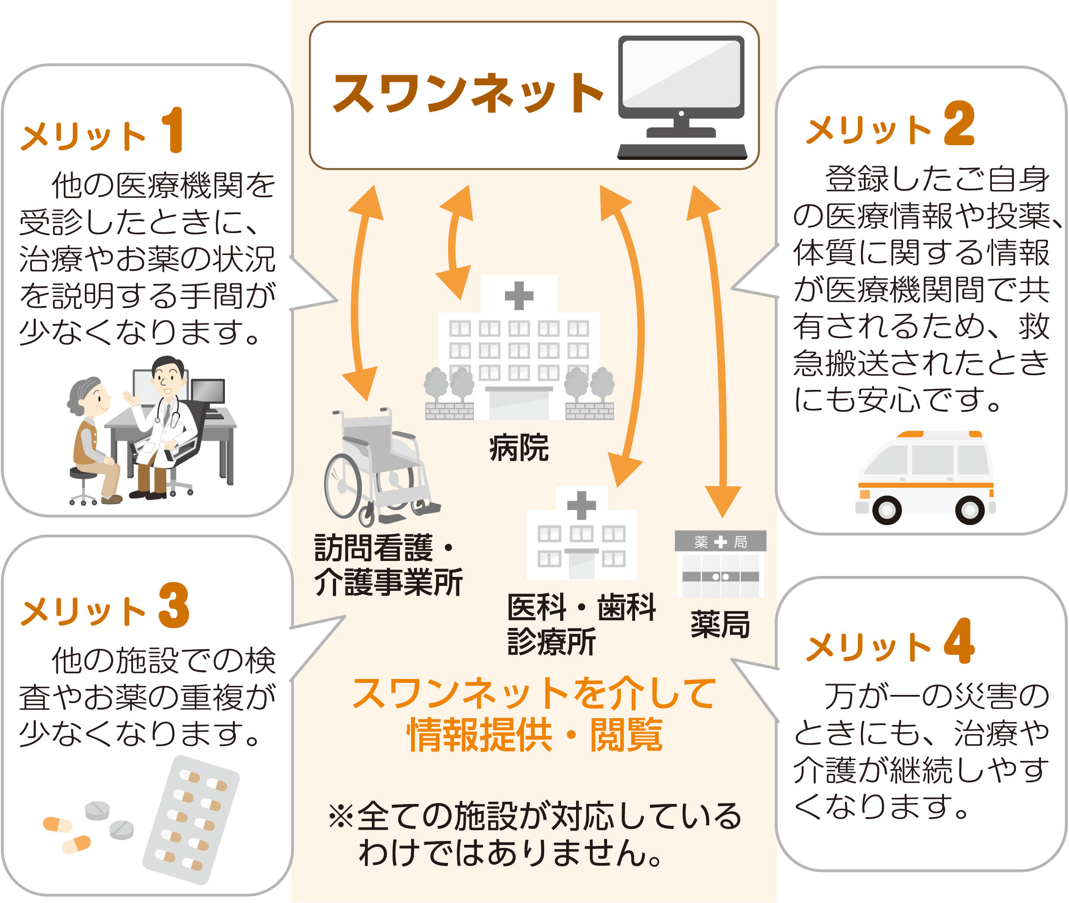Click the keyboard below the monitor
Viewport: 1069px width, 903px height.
click(x=682, y=152)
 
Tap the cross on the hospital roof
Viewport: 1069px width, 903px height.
click(x=519, y=296)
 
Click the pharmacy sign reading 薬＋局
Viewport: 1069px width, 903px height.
click(x=720, y=542)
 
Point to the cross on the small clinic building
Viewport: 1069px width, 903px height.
click(x=581, y=505)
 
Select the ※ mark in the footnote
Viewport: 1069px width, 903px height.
click(x=340, y=816)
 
